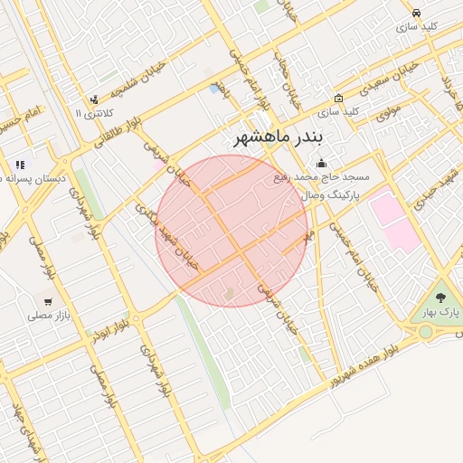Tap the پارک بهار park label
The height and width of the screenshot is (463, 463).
439,312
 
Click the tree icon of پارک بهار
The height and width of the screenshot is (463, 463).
440,297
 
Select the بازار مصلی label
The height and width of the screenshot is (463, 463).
48,316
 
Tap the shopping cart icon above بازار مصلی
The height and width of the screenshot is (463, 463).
47,301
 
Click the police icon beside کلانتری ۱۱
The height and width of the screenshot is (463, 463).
93,99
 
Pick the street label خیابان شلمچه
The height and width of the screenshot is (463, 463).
137,78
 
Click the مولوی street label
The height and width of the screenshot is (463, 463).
389,113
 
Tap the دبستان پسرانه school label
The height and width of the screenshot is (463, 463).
34,179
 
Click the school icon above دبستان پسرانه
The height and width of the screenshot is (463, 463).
19,165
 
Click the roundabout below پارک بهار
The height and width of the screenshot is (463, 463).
425,332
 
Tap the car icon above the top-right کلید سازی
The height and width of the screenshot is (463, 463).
415,14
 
